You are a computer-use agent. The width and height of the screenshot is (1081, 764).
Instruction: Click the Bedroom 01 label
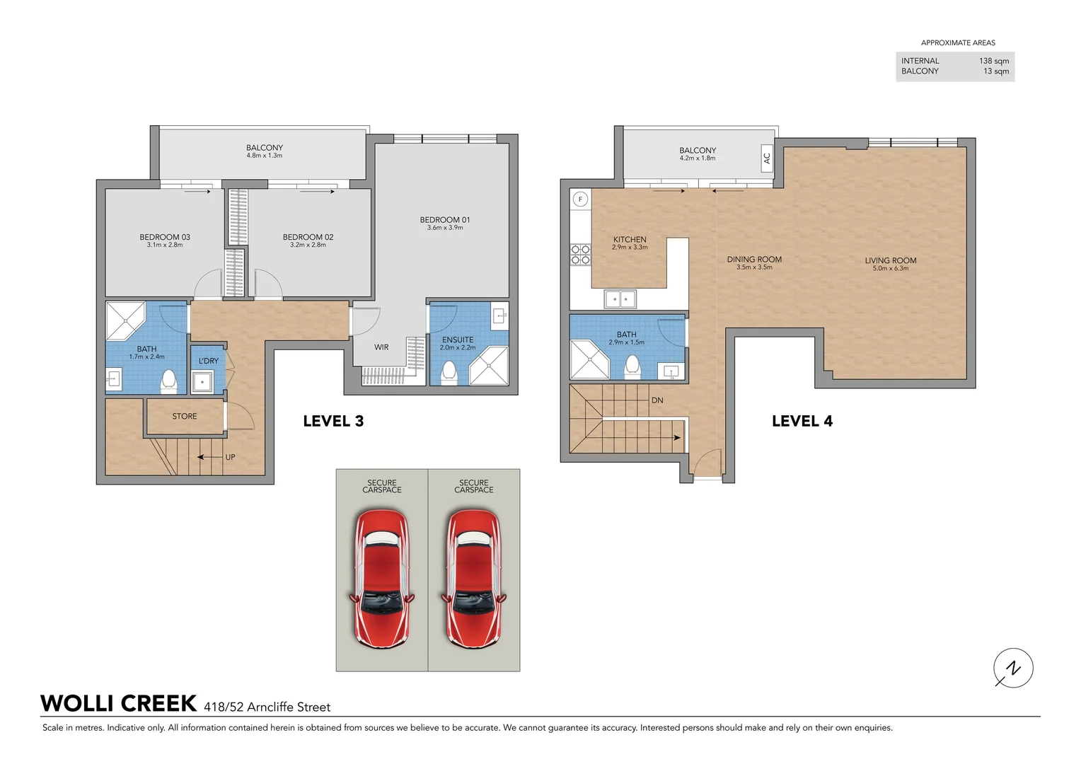[444, 220]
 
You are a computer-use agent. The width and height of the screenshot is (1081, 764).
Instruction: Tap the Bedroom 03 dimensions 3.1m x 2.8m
[165, 245]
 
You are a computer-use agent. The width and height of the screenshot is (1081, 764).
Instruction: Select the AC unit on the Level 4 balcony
[766, 158]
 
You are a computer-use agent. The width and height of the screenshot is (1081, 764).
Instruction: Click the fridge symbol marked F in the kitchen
[580, 199]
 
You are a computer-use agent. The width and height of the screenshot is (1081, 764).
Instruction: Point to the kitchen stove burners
[580, 255]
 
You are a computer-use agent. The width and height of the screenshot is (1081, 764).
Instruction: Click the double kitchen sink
[620, 299]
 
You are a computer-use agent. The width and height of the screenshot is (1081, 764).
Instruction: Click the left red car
[382, 579]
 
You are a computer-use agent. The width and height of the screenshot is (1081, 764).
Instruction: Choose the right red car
[474, 579]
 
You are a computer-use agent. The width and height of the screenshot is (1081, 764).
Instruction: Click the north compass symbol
[1013, 668]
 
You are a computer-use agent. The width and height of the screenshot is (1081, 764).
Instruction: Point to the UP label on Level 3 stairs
[230, 458]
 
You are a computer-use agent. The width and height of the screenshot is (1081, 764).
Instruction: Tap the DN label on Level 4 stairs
[657, 400]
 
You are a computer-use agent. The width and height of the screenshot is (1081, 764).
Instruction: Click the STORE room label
[185, 417]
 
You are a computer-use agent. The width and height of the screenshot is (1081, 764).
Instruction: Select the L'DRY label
[209, 361]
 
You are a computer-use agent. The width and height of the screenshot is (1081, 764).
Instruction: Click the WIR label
[381, 347]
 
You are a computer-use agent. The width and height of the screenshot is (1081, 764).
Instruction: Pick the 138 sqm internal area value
[993, 61]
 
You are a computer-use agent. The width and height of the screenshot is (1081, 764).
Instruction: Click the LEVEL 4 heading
[802, 422]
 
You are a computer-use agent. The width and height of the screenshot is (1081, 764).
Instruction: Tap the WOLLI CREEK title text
[119, 704]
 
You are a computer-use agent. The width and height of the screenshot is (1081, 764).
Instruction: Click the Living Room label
[890, 260]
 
